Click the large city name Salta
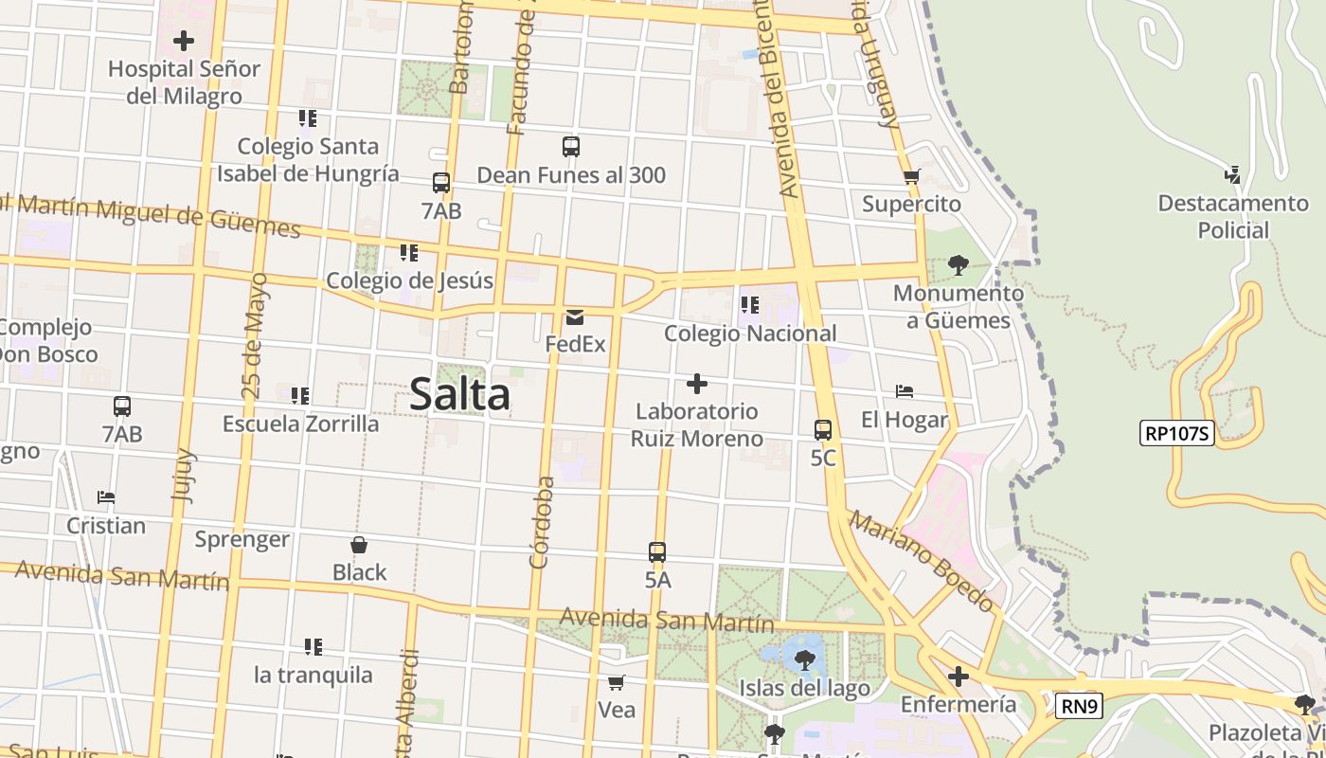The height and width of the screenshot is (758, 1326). (460, 395)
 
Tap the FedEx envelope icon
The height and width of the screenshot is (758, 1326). (575, 317)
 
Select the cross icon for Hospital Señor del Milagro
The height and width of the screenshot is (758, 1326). (184, 41)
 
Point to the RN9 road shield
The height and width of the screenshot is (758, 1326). (1080, 705)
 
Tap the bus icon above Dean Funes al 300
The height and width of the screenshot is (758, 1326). (570, 147)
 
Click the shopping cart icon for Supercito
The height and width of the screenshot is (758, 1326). (911, 176)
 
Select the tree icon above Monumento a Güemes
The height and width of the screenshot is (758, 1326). (958, 264)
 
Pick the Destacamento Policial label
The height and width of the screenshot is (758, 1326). (1233, 216)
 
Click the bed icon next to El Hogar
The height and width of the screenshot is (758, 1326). (904, 391)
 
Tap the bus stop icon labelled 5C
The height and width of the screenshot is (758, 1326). (823, 430)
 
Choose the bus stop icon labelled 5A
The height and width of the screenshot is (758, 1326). (657, 552)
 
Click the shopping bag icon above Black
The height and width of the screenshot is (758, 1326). (359, 545)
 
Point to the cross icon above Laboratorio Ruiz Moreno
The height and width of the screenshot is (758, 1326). (697, 384)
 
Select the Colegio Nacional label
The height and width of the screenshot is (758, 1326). (750, 334)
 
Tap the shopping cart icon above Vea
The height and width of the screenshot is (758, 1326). (617, 682)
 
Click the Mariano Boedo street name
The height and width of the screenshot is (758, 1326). (921, 561)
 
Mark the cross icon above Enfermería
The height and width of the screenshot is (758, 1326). (959, 677)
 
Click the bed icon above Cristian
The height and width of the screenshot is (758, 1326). (106, 497)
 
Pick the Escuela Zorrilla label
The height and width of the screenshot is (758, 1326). (300, 424)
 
